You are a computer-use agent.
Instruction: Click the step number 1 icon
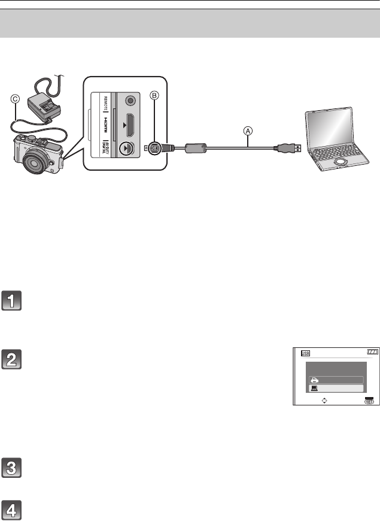pos(11,300)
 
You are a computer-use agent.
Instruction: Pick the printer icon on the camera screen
pos(315,379)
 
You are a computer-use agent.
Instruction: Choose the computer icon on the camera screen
pos(315,388)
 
